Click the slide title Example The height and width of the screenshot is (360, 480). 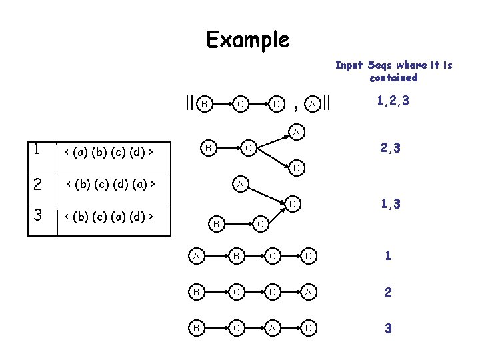click(248, 40)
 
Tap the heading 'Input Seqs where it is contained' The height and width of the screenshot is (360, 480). click(393, 71)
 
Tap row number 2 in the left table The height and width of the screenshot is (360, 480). click(39, 183)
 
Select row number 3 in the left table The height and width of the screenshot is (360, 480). click(39, 215)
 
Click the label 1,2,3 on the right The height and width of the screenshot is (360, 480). click(393, 101)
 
